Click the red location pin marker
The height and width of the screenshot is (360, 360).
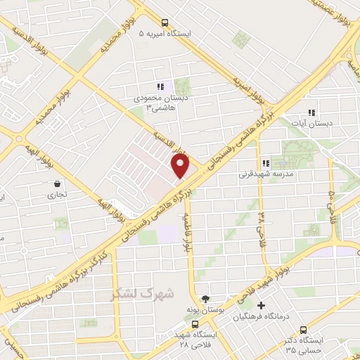click(x=181, y=167)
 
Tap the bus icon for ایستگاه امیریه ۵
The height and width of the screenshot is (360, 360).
click(x=165, y=22)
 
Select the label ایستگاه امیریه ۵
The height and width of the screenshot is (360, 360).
click(x=165, y=33)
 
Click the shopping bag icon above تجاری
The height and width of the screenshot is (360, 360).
click(x=55, y=184)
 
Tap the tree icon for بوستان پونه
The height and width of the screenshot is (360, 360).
click(x=205, y=299)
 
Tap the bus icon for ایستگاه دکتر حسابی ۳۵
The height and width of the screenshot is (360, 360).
click(x=303, y=329)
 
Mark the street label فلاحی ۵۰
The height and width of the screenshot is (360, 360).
click(x=330, y=199)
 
